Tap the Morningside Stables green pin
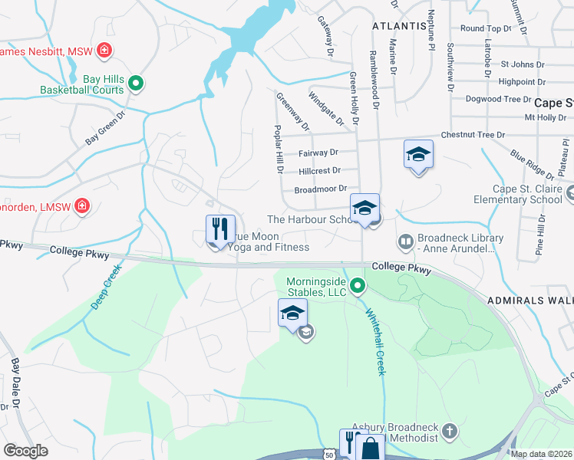coord(358,287)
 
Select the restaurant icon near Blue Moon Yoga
coord(220,228)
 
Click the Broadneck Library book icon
coord(405,242)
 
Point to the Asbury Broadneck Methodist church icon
coord(450,432)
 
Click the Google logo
coord(26,450)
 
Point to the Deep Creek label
coord(106,287)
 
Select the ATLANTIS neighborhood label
coord(399,25)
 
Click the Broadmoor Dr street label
coord(321,189)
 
